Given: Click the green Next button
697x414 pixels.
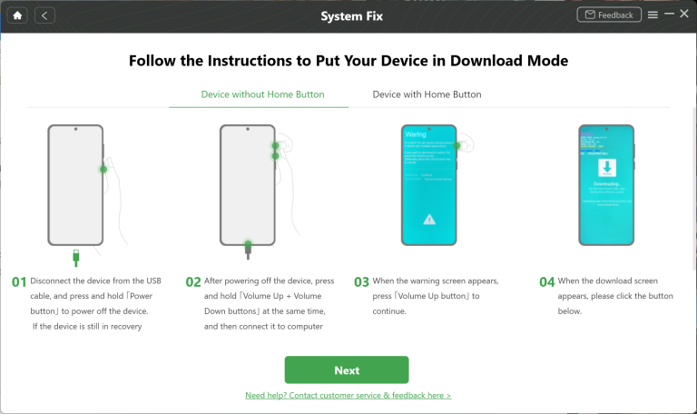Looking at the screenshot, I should click(347, 370).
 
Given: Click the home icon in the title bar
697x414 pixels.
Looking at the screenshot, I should click(17, 15).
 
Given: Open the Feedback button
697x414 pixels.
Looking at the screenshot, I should click(608, 15).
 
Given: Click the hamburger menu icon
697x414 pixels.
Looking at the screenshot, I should click(653, 15).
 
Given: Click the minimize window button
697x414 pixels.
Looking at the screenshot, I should click(670, 15).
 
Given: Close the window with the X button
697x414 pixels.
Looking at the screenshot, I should click(685, 15).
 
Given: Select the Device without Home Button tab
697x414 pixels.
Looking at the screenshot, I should click(262, 94).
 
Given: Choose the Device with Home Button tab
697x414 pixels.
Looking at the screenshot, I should click(427, 94).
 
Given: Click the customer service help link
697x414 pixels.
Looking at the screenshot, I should click(348, 396).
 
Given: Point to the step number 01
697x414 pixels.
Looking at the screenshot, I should click(19, 282).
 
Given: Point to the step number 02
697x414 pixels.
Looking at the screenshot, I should click(192, 282).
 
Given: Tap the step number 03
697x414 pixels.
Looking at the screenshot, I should click(361, 282).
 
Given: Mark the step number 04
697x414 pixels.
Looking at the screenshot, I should click(546, 282).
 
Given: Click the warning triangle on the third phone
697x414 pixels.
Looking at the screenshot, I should click(429, 219).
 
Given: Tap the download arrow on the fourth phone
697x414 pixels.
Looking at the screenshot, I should click(605, 168).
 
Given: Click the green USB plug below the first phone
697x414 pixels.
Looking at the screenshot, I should click(75, 256).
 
